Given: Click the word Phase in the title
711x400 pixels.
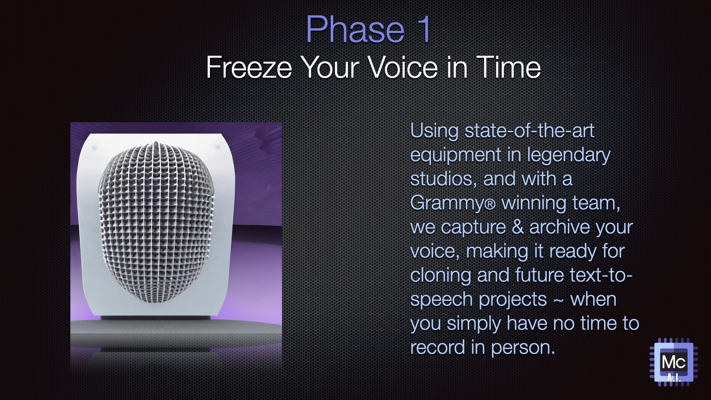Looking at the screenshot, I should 355,30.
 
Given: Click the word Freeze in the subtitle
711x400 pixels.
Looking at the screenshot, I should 249,67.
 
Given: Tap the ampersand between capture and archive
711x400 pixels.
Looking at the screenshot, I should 517,227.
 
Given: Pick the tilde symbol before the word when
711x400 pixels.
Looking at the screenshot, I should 558,300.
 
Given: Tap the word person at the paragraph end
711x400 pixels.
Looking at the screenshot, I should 523,347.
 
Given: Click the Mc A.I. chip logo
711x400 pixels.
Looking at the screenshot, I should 674,362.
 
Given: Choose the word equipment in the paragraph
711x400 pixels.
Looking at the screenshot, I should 455,155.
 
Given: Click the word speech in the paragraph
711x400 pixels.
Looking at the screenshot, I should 441,300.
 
